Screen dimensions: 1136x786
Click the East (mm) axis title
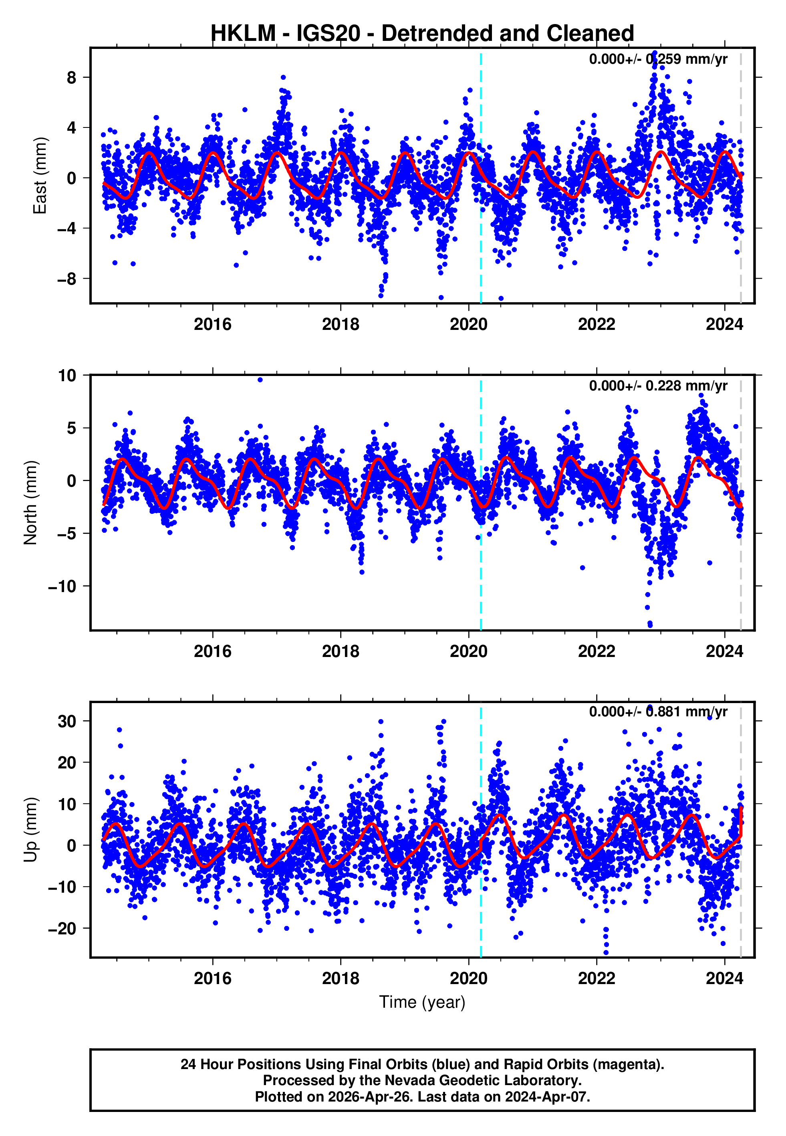[x=39, y=176]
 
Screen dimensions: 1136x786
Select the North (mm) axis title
[x=30, y=503]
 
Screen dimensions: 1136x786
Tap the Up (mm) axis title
[x=30, y=830]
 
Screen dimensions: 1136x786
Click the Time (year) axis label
[x=422, y=1002]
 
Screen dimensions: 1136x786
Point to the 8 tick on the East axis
[x=72, y=77]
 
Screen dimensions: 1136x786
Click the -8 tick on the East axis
[x=67, y=279]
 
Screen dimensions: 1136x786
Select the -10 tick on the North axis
[x=62, y=586]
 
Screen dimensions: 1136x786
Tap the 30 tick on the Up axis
[x=67, y=721]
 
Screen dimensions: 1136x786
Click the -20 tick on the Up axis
[x=62, y=929]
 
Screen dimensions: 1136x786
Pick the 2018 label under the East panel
[x=340, y=325]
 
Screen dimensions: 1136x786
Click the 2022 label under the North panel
[x=597, y=652]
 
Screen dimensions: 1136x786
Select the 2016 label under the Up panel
[x=212, y=978]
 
